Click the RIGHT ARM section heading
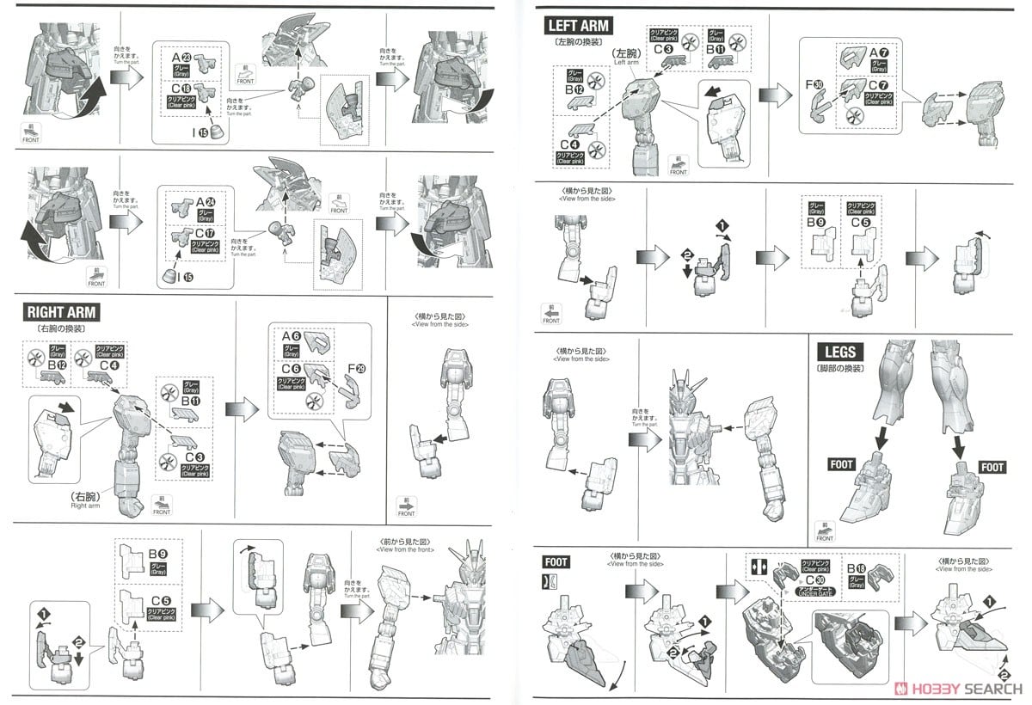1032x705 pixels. (61, 312)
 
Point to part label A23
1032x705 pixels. (182, 59)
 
